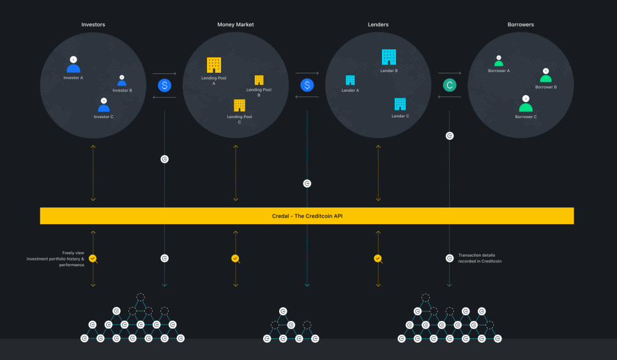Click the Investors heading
(93, 24)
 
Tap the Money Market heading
(236, 24)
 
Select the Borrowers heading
(521, 24)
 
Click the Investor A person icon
(73, 65)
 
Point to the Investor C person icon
(103, 105)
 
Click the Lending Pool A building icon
(214, 65)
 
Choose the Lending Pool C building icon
(240, 105)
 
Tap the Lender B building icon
(389, 57)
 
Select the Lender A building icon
(350, 80)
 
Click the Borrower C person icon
(526, 104)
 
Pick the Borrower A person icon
(499, 61)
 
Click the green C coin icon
(450, 85)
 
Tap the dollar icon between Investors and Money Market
(165, 85)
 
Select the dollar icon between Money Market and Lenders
(307, 85)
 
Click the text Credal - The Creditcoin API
(307, 216)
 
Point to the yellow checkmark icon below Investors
(93, 259)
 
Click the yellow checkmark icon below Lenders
(377, 259)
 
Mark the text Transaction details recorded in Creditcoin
(480, 258)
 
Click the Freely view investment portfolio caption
(56, 259)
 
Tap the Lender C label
(400, 116)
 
